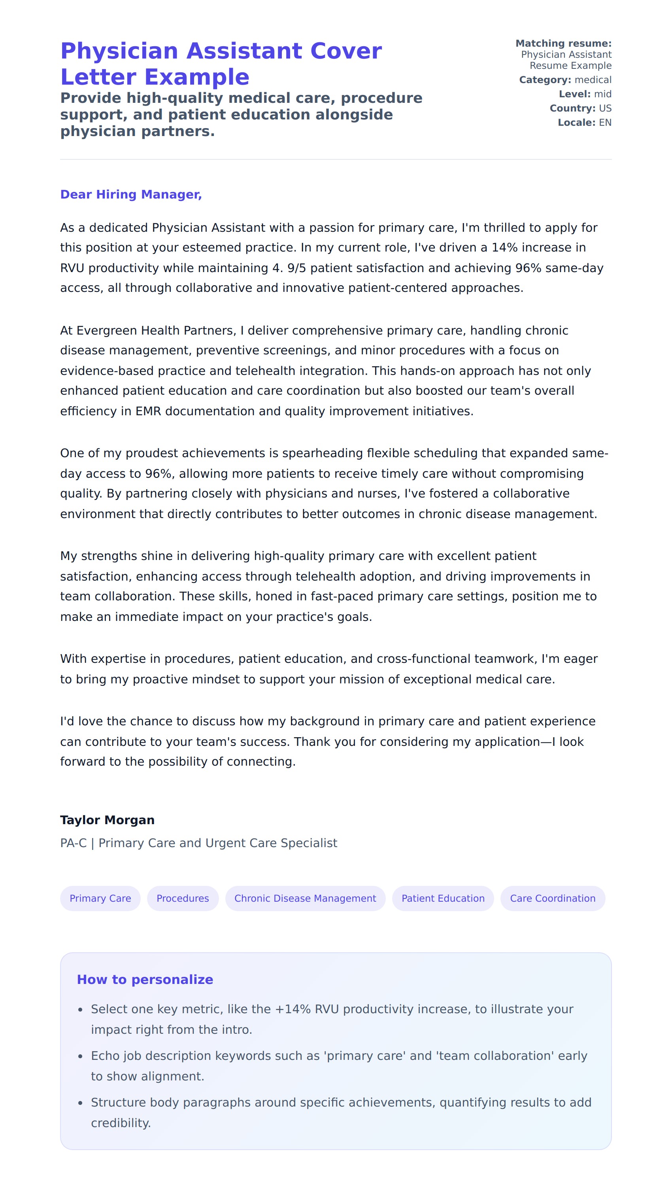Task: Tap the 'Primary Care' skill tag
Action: pyautogui.click(x=100, y=898)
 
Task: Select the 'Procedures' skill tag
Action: pyautogui.click(x=183, y=898)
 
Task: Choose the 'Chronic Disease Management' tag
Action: pyautogui.click(x=305, y=898)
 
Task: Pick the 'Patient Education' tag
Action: pyautogui.click(x=443, y=898)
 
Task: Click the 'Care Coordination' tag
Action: pyautogui.click(x=553, y=898)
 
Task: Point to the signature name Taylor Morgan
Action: pyautogui.click(x=107, y=819)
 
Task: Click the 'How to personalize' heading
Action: pyautogui.click(x=145, y=979)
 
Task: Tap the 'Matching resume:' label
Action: pyautogui.click(x=563, y=44)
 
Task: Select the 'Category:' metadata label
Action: pyautogui.click(x=545, y=80)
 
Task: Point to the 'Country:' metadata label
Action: pyautogui.click(x=572, y=108)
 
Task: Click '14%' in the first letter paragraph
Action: pyautogui.click(x=504, y=248)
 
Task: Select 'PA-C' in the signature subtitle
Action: pyautogui.click(x=74, y=843)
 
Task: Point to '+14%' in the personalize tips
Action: pyautogui.click(x=293, y=1009)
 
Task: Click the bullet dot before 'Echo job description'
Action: pyautogui.click(x=80, y=1056)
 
